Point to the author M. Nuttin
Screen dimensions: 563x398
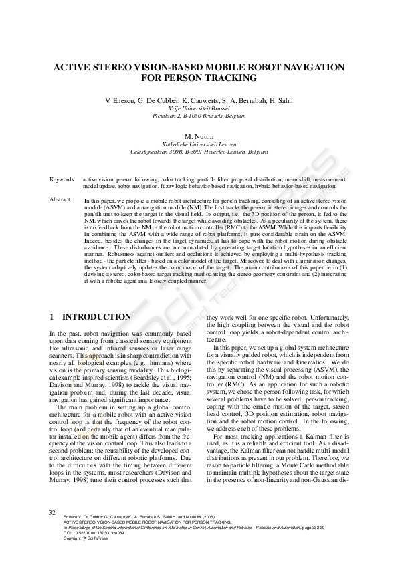click(198, 136)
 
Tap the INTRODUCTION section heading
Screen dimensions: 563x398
click(96, 316)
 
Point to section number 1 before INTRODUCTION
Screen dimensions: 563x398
click(52, 316)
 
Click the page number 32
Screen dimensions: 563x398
click(52, 512)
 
